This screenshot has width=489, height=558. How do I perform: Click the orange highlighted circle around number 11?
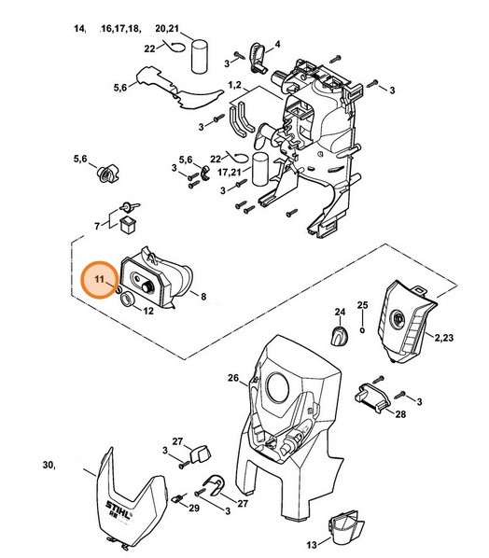(99, 280)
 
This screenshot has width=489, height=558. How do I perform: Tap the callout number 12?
(148, 311)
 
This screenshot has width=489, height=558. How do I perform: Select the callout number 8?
(203, 296)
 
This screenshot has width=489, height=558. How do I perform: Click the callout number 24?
(340, 312)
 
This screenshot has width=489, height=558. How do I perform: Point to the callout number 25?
(363, 305)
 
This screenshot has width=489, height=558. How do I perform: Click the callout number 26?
(233, 378)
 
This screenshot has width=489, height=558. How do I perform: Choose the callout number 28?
(400, 414)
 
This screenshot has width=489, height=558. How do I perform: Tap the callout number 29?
(194, 508)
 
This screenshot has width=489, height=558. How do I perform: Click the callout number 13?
(312, 545)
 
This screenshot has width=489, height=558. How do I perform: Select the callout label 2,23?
(444, 338)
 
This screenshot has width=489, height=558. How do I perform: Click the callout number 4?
(277, 44)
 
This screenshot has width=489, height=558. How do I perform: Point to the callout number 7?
(97, 226)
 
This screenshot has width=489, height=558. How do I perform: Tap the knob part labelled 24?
(340, 335)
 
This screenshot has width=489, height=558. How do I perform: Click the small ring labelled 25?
(362, 330)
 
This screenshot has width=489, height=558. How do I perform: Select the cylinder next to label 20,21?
(200, 56)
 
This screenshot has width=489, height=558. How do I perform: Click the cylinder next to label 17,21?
(260, 169)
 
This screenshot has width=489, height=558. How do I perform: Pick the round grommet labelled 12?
(128, 299)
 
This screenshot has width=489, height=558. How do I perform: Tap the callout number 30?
(49, 465)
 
